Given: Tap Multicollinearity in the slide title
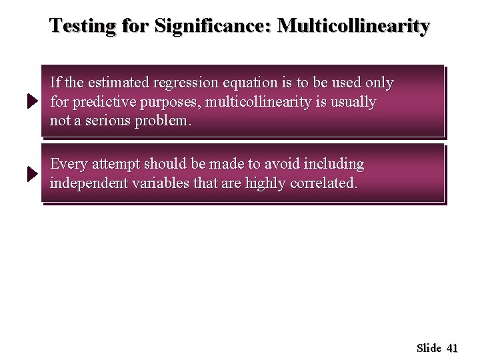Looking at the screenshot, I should (x=354, y=26).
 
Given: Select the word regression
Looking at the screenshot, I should (x=185, y=83).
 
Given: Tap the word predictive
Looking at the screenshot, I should (x=104, y=103).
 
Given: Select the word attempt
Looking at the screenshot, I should (x=114, y=164).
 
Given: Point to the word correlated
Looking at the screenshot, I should (x=324, y=183).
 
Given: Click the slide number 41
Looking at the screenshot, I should (x=452, y=348).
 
